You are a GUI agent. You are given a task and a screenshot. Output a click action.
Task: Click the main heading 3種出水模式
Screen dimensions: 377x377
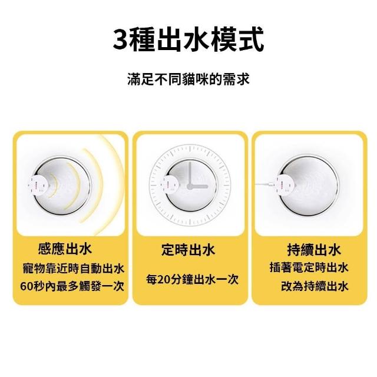(188, 39)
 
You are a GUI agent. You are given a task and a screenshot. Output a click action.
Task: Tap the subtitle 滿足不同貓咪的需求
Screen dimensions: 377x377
(188, 78)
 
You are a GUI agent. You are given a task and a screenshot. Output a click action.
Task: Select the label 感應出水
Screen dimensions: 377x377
(65, 249)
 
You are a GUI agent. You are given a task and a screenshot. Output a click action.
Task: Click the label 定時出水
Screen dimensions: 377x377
(188, 250)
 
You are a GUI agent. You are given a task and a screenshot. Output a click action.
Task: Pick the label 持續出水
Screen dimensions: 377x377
(314, 250)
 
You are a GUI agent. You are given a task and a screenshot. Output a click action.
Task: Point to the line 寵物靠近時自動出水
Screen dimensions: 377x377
(73, 269)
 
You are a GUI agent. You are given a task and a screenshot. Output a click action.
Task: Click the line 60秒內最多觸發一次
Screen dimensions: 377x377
(72, 286)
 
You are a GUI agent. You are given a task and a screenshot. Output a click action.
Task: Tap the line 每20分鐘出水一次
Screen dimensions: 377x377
(192, 279)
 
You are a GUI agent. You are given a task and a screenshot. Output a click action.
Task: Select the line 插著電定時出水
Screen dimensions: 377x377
(309, 267)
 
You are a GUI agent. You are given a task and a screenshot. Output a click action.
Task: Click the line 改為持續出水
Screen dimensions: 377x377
(315, 286)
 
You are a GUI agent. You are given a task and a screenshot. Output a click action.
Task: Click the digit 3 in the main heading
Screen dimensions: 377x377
(120, 40)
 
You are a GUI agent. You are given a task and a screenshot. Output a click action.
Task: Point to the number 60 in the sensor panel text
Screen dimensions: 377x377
(26, 286)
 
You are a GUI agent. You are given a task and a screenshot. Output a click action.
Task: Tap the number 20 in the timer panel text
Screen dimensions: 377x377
(164, 280)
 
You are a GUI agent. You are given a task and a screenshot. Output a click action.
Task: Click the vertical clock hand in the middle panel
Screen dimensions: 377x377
(190, 174)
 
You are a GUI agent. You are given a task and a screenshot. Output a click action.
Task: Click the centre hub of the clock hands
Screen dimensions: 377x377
(190, 186)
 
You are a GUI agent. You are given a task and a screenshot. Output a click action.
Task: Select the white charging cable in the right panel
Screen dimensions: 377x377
(265, 184)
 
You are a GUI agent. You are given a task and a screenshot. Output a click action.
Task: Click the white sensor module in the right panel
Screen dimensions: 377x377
(285, 184)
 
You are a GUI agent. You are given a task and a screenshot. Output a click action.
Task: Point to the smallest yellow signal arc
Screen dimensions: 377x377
(54, 185)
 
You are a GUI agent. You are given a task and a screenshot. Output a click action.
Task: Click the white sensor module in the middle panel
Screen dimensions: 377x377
(170, 184)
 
